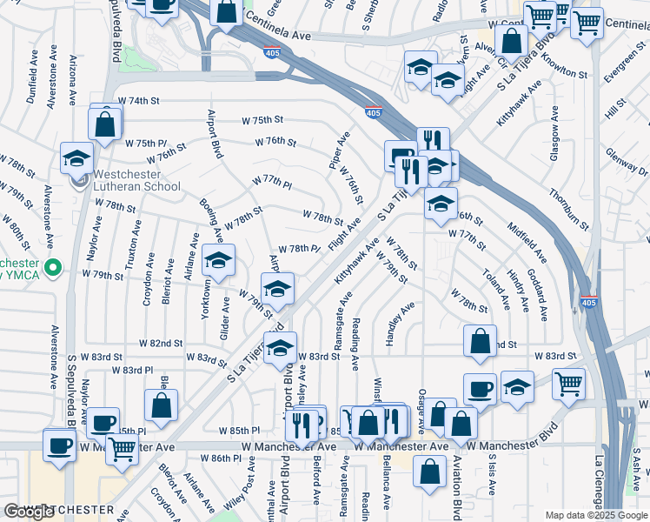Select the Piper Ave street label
click(338, 150)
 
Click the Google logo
click(29, 511)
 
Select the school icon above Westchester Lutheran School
click(76, 159)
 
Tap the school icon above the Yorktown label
click(219, 259)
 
